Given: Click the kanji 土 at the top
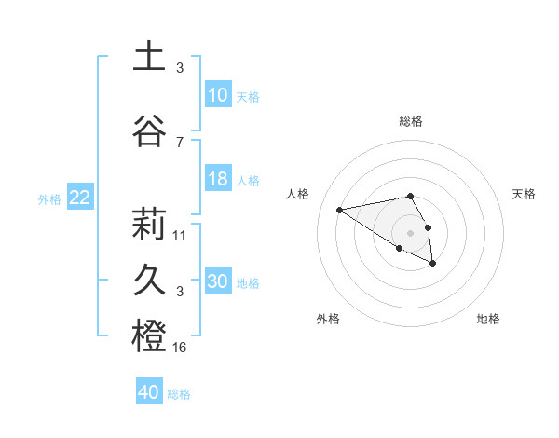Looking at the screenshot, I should [149, 58].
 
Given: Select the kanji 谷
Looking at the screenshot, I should [149, 131].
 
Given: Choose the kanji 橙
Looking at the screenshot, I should [149, 336].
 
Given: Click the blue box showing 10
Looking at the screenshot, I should [217, 95].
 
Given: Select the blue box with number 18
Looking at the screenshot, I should [217, 180].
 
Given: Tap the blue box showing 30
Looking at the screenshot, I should [217, 282].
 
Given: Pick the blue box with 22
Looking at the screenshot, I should [80, 198].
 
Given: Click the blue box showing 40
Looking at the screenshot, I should [149, 392].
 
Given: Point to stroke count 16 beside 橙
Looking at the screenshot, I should [180, 348].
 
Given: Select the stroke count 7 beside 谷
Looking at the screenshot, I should [180, 143].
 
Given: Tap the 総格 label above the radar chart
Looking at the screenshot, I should [411, 121].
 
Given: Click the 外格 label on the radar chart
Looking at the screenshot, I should [328, 319].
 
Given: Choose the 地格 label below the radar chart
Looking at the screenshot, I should [488, 319].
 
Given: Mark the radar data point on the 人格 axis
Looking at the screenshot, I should [340, 209].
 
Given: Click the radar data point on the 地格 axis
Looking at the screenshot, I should [433, 264].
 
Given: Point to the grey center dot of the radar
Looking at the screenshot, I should [411, 232].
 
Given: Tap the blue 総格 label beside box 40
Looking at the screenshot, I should [179, 394].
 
